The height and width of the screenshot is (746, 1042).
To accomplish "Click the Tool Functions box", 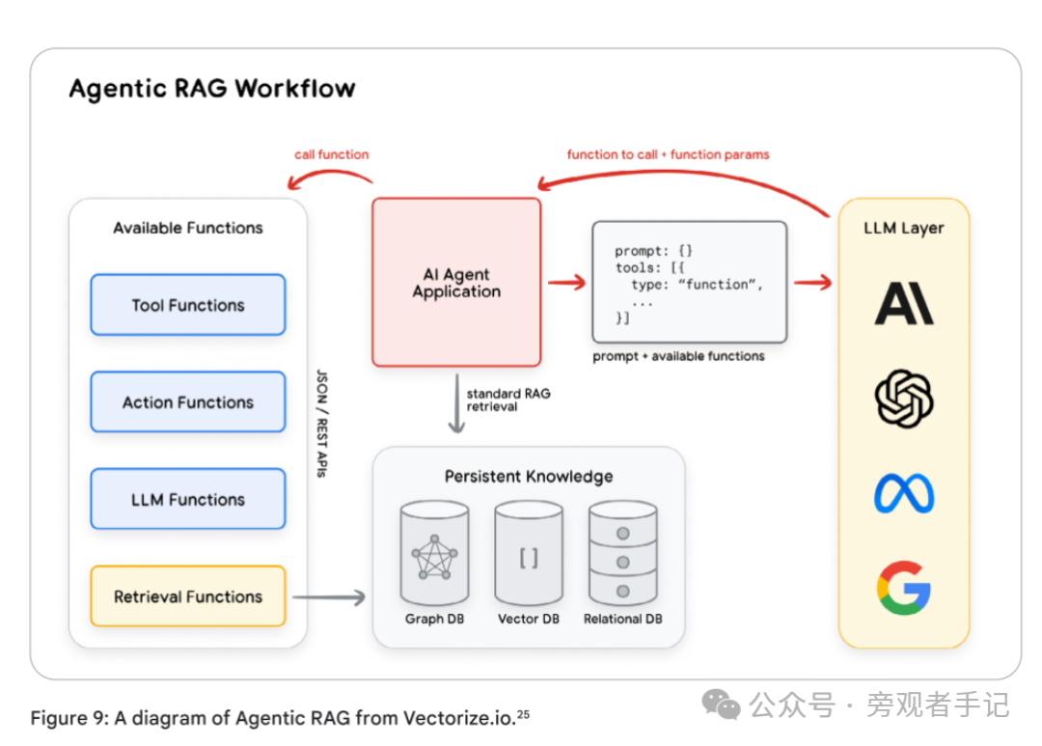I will [188, 305].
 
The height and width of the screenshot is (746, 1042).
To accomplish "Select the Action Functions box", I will [188, 402].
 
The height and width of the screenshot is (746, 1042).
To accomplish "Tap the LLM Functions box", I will [188, 500].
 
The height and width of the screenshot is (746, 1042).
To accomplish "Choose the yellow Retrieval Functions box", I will [188, 596].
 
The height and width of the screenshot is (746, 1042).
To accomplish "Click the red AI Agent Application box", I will [456, 283].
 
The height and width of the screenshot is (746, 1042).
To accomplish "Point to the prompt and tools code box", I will [689, 283].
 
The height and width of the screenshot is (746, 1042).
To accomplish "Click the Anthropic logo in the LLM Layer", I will [904, 302].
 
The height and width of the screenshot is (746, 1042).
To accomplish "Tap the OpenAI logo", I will [904, 399].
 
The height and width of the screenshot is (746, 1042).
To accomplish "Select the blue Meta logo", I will [904, 493].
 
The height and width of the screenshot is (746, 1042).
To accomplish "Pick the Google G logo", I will [904, 587].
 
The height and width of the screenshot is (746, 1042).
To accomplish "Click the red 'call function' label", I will [332, 154].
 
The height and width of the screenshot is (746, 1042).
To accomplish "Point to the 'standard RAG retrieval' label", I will [508, 400].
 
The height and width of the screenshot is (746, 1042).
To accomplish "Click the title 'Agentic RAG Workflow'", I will [212, 90].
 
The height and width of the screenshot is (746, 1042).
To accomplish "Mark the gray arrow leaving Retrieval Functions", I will [329, 597].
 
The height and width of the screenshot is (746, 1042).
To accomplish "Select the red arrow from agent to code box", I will [566, 282].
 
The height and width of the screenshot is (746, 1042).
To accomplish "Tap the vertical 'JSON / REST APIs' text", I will [321, 422].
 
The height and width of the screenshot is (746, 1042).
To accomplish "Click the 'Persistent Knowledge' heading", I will [528, 477].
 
